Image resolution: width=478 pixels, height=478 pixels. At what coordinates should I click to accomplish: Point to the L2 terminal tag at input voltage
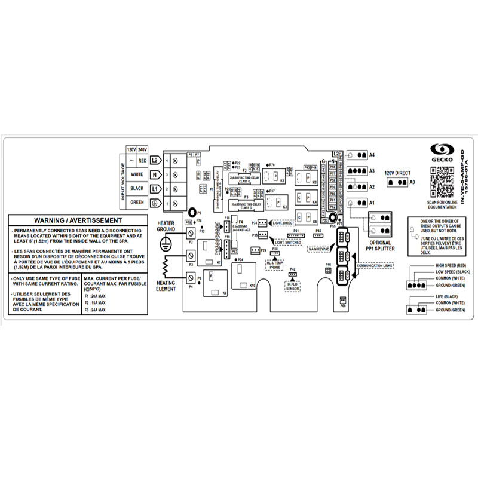tap(155, 160)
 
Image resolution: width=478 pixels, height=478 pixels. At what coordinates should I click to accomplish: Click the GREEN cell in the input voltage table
tap(137, 203)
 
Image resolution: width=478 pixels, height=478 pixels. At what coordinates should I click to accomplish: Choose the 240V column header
tap(142, 149)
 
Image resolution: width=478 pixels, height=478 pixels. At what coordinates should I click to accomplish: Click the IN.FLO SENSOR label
tap(292, 285)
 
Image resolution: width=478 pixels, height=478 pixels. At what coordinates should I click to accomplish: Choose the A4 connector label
tap(372, 155)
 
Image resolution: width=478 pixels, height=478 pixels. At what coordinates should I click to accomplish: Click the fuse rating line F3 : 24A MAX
tap(95, 310)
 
